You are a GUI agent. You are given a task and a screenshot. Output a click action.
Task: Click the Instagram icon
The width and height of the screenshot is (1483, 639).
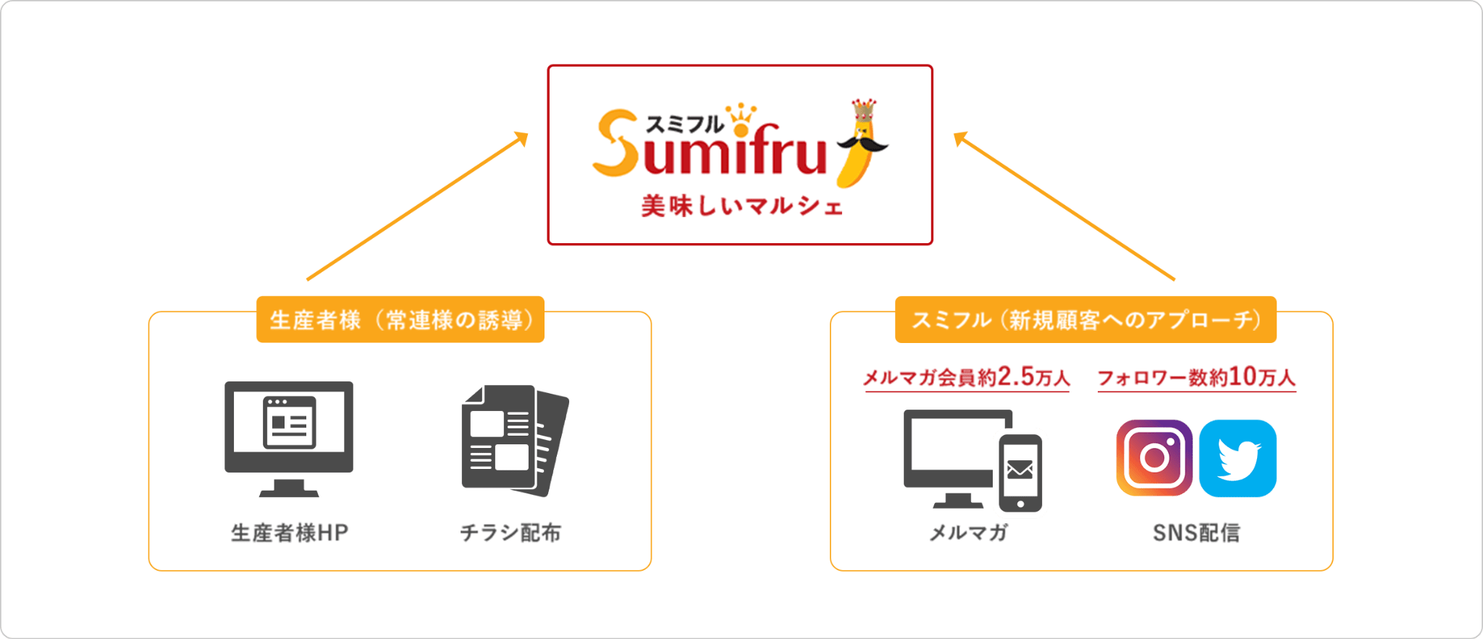[1154, 457]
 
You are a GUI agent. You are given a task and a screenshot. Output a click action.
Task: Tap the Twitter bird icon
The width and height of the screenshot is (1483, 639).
[1238, 458]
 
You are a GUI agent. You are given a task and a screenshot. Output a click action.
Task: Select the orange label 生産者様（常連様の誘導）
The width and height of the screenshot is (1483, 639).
[400, 319]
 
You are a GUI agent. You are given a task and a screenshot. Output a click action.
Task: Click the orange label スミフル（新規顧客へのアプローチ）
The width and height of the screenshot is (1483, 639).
[1085, 319]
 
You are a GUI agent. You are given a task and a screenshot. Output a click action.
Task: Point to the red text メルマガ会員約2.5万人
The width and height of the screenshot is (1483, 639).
[966, 377]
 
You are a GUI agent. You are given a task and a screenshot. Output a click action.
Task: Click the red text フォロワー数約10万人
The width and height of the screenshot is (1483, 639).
[1196, 377]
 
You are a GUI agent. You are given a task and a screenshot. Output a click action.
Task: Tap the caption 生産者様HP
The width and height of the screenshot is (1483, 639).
[289, 533]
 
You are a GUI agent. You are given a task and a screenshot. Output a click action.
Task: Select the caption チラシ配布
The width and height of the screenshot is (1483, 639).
[511, 533]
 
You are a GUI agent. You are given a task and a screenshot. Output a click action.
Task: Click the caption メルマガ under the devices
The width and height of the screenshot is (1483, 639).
[968, 533]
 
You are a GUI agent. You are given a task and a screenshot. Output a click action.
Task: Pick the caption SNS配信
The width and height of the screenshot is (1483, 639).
[1196, 533]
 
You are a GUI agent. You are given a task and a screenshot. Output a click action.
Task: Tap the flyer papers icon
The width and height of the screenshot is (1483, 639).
[515, 440]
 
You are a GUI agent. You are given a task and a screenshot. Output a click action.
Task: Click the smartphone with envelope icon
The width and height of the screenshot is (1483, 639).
[1020, 473]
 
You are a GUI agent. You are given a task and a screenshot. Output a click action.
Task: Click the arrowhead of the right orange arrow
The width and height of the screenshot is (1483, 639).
[960, 137]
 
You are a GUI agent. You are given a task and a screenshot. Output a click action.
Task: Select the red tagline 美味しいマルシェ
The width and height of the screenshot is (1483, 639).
[741, 207]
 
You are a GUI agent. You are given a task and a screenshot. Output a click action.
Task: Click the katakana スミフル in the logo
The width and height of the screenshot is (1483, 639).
[684, 124]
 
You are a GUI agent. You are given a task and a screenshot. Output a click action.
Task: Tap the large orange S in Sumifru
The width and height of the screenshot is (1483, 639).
[616, 143]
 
